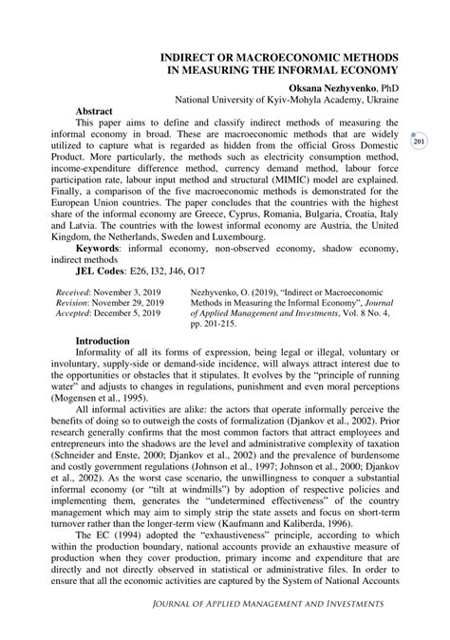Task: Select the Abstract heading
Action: (101, 111)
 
